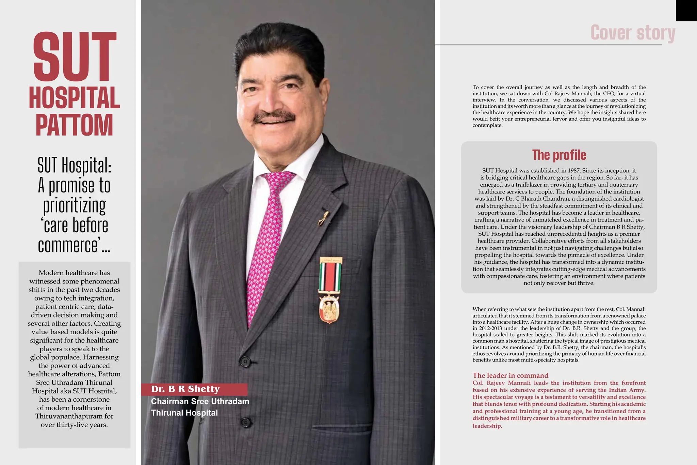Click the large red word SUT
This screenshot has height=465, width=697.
75,57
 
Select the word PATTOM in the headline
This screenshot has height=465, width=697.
74,125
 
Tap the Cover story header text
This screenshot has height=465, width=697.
633,33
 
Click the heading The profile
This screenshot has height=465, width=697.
559,155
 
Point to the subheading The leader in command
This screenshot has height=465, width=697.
510,375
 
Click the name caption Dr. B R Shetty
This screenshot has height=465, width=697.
185,389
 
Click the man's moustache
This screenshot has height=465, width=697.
274,117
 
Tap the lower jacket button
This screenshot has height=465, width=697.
246,422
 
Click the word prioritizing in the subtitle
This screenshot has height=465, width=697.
75,206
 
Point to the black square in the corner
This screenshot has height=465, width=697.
686,10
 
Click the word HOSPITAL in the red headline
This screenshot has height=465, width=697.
74,98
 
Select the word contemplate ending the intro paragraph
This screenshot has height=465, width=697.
487,125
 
